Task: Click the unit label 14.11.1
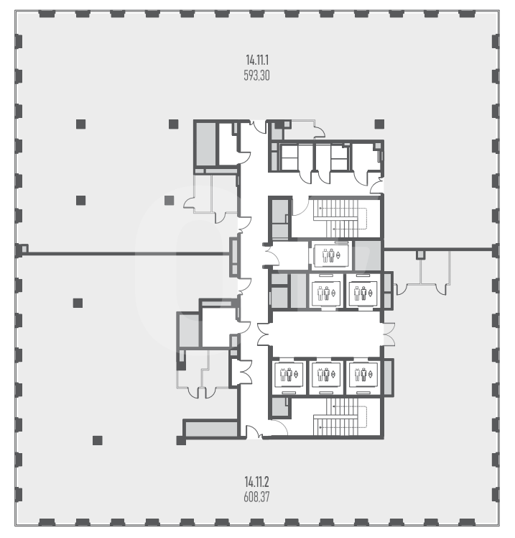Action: [x=257, y=60]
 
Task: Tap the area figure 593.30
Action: [x=256, y=75]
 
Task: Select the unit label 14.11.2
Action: [x=256, y=482]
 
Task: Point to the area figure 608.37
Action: [x=256, y=497]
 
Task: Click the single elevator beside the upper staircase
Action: [x=330, y=255]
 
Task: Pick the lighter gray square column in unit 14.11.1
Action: [x=169, y=201]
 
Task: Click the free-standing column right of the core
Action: [x=379, y=124]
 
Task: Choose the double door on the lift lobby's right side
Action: [x=389, y=334]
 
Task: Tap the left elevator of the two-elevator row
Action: [x=326, y=293]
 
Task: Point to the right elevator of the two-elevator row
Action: [x=363, y=293]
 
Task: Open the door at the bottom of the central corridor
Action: [x=254, y=432]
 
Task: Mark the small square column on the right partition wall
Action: [x=420, y=254]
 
